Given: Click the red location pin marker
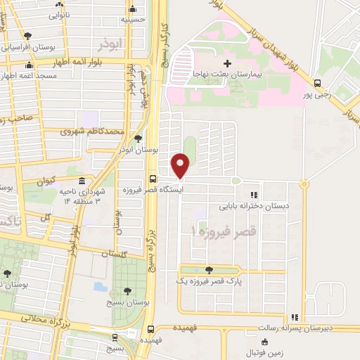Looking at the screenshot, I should [x=181, y=166].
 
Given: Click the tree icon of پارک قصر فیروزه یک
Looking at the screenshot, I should [x=208, y=269].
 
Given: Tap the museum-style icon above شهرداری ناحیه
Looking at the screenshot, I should [x=82, y=181].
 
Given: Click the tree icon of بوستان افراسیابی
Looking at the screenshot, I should [x=27, y=36].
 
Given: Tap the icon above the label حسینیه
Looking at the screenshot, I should [x=133, y=9].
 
